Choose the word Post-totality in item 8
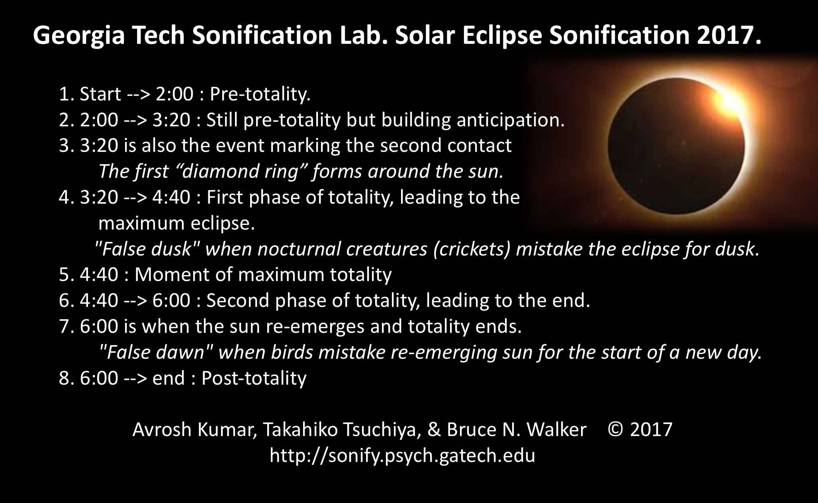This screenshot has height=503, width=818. coord(254,378)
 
